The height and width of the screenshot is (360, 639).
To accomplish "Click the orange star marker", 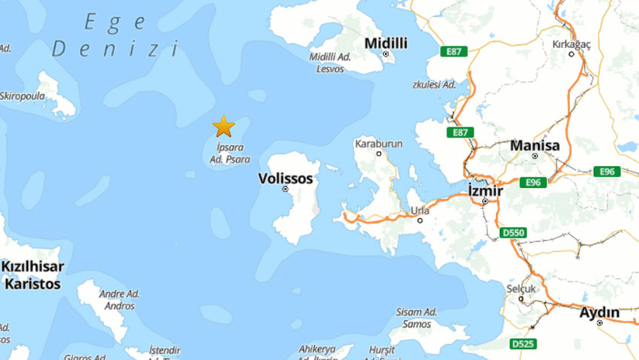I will point(223,126).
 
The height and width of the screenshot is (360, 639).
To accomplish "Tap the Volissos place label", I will point(285,179).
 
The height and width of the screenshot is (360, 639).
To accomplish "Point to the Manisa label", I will point(535,145).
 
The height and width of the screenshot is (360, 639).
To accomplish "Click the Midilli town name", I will point(386,44).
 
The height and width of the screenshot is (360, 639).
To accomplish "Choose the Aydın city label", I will point(599,312).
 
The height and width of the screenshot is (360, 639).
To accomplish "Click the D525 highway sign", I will point(523,343).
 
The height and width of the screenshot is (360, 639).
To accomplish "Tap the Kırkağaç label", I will point(572,44).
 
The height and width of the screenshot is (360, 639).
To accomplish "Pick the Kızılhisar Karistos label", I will point(32,275).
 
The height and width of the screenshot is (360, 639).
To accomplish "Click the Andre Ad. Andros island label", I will point(120,300).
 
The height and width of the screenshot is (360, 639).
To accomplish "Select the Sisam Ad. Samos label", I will point(417,318).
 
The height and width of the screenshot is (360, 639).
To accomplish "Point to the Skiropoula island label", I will point(23,95).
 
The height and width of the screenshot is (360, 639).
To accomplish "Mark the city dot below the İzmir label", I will point(486,201).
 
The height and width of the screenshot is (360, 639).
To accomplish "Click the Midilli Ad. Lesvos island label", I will point(332,63).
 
